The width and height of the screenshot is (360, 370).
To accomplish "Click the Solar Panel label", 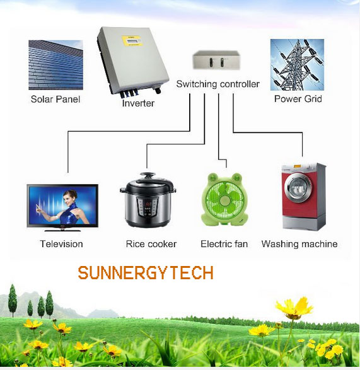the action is click(55, 99).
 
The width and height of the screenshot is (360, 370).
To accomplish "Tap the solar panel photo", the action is click(55, 65).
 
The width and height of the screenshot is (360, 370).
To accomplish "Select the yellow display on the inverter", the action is click(131, 41).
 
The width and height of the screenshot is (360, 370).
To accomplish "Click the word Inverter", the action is click(138, 103).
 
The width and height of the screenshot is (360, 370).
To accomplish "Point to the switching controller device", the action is click(216, 60).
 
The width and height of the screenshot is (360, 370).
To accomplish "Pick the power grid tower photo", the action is click(297, 65).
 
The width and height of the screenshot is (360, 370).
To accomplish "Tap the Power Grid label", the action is click(298, 98).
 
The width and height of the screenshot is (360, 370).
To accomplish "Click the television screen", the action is click(62, 205).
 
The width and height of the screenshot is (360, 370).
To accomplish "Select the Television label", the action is click(61, 244).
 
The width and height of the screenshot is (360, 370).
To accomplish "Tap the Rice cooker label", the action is click(151, 244).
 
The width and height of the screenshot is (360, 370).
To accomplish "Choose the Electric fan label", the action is click(224, 244).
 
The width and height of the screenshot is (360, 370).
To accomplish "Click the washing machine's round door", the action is click(298, 188).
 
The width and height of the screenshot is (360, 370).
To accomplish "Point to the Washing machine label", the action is click(299, 244).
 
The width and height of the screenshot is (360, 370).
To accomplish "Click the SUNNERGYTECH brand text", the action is click(146, 273).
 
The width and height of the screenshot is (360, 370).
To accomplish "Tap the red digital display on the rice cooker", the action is click(148, 204).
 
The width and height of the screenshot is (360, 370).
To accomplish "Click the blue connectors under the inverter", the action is click(129, 93).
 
